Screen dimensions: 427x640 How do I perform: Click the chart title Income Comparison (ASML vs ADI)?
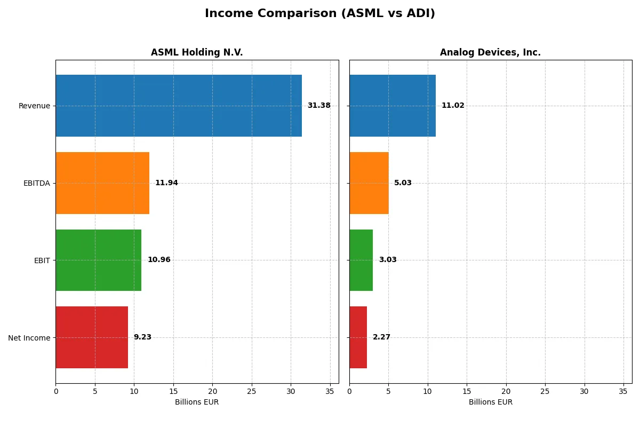pyautogui.click(x=320, y=14)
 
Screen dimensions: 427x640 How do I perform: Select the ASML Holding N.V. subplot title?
pyautogui.click(x=197, y=52)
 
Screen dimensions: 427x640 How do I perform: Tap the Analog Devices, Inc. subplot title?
pyautogui.click(x=490, y=52)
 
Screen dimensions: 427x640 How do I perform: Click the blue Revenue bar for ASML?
pyautogui.click(x=179, y=106)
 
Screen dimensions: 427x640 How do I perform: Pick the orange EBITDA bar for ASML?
pyautogui.click(x=102, y=183)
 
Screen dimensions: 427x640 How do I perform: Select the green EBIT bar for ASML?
pyautogui.click(x=99, y=260)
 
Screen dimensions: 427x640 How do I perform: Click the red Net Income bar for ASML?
pyautogui.click(x=92, y=337)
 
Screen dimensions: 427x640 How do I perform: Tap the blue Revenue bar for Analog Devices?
pyautogui.click(x=393, y=106)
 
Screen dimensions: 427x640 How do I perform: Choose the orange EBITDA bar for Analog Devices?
pyautogui.click(x=369, y=183)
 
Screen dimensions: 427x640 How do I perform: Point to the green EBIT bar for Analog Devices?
pyautogui.click(x=361, y=260)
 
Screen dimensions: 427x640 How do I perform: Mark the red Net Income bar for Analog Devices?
pyautogui.click(x=358, y=337)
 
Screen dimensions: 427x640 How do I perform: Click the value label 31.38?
pyautogui.click(x=319, y=106)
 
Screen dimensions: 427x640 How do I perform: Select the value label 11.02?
pyautogui.click(x=453, y=106)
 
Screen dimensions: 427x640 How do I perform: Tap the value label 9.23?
pyautogui.click(x=142, y=337)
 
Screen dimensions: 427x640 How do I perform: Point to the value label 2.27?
pyautogui.click(x=381, y=337)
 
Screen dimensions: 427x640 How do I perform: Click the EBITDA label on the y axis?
pyautogui.click(x=37, y=183)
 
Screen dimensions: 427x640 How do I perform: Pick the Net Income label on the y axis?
pyautogui.click(x=29, y=338)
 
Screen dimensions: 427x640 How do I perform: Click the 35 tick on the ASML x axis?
pyautogui.click(x=330, y=391)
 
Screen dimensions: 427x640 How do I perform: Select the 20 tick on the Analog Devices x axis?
pyautogui.click(x=506, y=391)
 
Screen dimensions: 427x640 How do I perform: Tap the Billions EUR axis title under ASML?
pyautogui.click(x=197, y=402)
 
